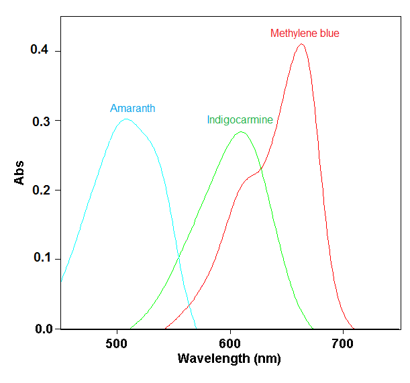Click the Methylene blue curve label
(x=309, y=33)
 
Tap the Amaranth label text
(x=133, y=108)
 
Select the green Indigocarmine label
(x=240, y=120)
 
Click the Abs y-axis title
(x=19, y=173)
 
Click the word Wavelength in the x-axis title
(x=210, y=359)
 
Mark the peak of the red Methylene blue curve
(x=302, y=44)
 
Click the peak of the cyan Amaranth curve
(x=125, y=119)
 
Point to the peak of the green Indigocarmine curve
(x=241, y=132)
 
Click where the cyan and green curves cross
(x=179, y=257)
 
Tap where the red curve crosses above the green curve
(x=261, y=167)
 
